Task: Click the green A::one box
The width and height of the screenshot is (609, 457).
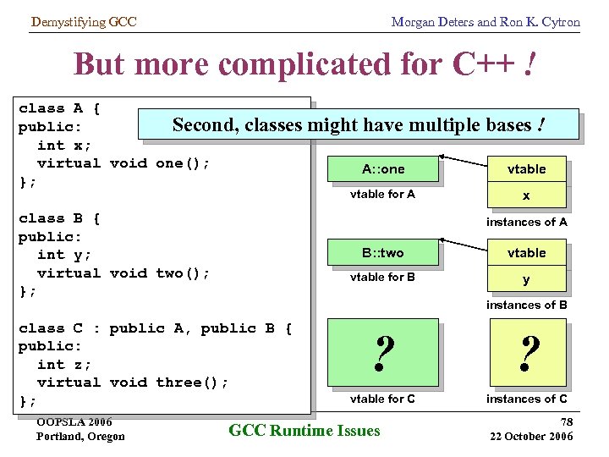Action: [383, 169]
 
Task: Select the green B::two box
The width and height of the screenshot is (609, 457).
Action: [383, 253]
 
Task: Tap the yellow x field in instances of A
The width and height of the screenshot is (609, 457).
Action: [526, 195]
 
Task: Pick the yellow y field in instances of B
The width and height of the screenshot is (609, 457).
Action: [526, 279]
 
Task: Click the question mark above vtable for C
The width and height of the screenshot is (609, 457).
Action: [383, 353]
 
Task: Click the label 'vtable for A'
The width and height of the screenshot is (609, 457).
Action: [383, 195]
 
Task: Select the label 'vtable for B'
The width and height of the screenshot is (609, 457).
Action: [383, 277]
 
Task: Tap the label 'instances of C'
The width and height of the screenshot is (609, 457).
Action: [527, 399]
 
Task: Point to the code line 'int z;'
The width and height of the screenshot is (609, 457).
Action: [64, 364]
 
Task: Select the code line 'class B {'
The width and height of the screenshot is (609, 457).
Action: [59, 218]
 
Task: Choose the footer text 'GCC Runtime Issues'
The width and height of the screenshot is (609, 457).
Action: [304, 431]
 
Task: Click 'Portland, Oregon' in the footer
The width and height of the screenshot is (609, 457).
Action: [80, 437]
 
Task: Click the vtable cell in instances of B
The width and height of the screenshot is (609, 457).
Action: [526, 253]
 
